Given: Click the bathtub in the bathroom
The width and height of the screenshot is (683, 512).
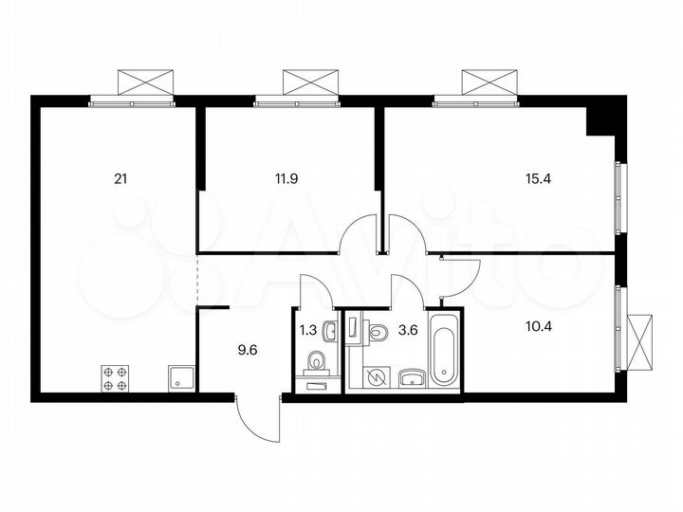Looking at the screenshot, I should (444, 349).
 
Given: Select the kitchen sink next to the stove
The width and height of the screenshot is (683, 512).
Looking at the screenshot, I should (179, 378).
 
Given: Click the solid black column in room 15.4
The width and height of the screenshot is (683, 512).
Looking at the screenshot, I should (600, 121).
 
